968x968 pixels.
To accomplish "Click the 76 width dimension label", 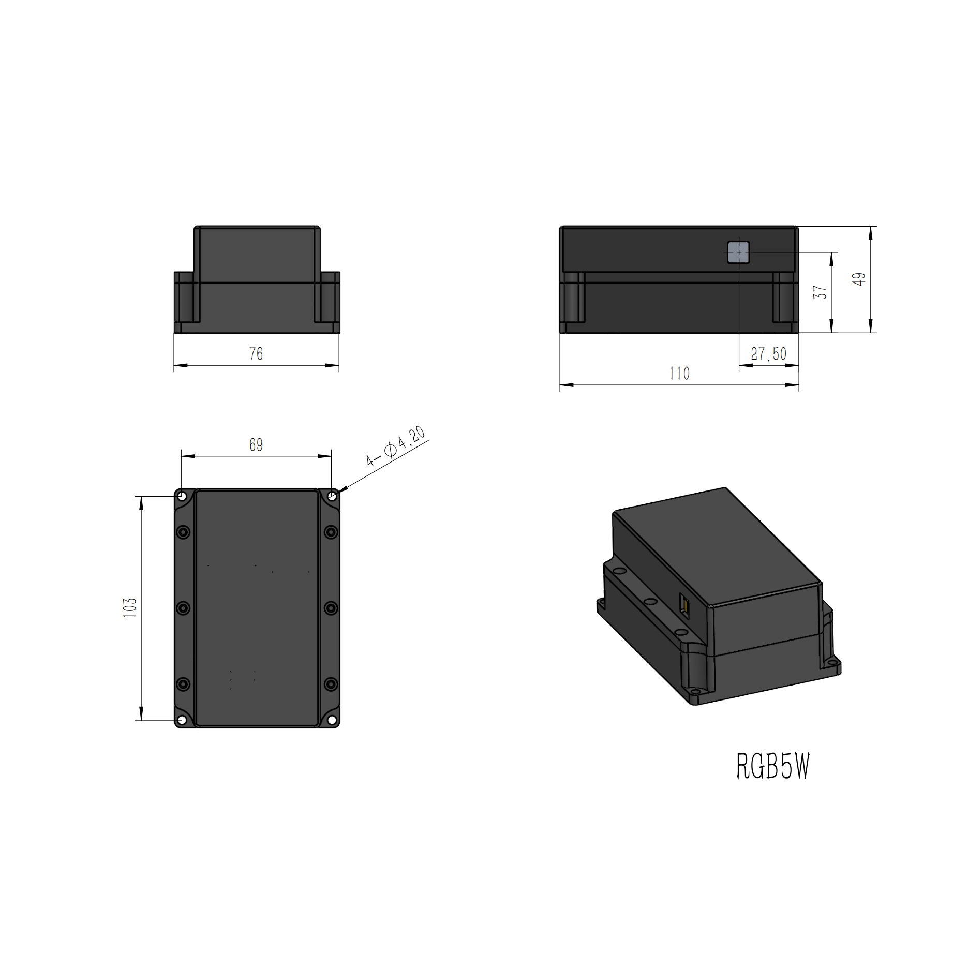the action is [x=256, y=354].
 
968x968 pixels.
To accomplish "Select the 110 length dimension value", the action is [x=679, y=374].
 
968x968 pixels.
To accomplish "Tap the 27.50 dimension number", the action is [x=768, y=354].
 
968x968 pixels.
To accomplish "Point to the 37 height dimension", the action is [x=820, y=292].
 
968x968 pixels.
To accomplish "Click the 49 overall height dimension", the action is [x=859, y=279].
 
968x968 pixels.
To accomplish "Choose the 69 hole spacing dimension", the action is [x=256, y=445].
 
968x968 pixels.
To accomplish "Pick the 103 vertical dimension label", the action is [x=130, y=608].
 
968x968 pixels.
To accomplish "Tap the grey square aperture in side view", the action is [x=738, y=252].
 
